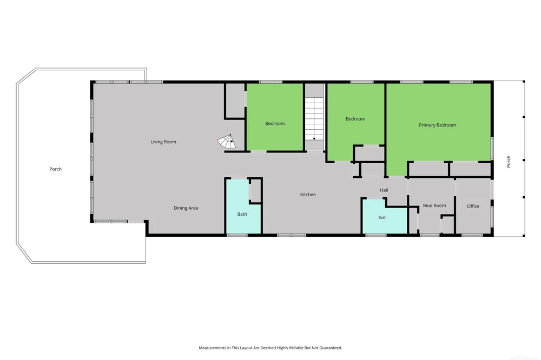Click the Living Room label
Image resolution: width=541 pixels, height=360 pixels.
(163, 142)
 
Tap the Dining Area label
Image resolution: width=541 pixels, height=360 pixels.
(186, 208)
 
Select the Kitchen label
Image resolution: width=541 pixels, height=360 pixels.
(308, 195)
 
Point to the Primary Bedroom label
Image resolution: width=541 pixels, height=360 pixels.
(438, 125)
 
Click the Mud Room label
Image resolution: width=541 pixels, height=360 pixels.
(434, 205)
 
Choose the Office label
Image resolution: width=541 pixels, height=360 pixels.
(473, 206)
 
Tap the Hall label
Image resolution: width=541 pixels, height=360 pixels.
(384, 190)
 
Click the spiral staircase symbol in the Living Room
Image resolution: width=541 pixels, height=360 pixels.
(227, 142)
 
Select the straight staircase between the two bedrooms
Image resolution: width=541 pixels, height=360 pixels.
(314, 119)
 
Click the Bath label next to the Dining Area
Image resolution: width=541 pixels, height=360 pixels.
(242, 214)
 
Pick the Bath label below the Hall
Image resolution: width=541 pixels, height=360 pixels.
(382, 218)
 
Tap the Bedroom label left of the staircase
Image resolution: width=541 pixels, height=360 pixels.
(275, 123)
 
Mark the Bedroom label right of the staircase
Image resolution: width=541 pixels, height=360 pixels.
(355, 119)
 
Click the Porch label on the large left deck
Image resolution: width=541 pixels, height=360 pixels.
(56, 169)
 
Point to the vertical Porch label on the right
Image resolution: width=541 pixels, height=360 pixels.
(508, 162)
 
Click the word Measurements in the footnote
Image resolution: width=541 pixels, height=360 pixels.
(212, 348)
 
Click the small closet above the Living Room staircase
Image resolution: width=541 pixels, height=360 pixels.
(235, 101)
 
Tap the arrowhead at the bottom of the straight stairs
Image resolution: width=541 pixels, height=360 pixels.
(314, 139)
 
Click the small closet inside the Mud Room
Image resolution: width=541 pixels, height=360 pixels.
(448, 225)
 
